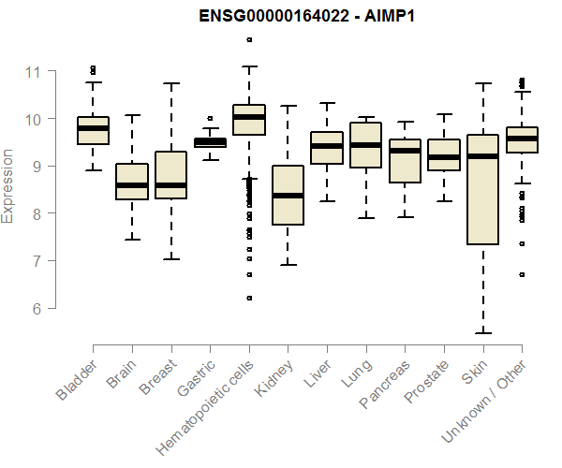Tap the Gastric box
pyautogui.click(x=210, y=142)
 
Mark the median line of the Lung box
pyautogui.click(x=365, y=145)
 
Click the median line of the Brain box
pyautogui.click(x=132, y=185)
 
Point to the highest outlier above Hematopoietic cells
pyautogui.click(x=248, y=39)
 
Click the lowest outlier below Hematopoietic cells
pyautogui.click(x=248, y=298)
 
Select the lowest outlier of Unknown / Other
pyautogui.click(x=522, y=274)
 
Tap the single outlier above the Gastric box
pyautogui.click(x=210, y=119)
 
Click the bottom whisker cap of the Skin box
pyautogui.click(x=482, y=332)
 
